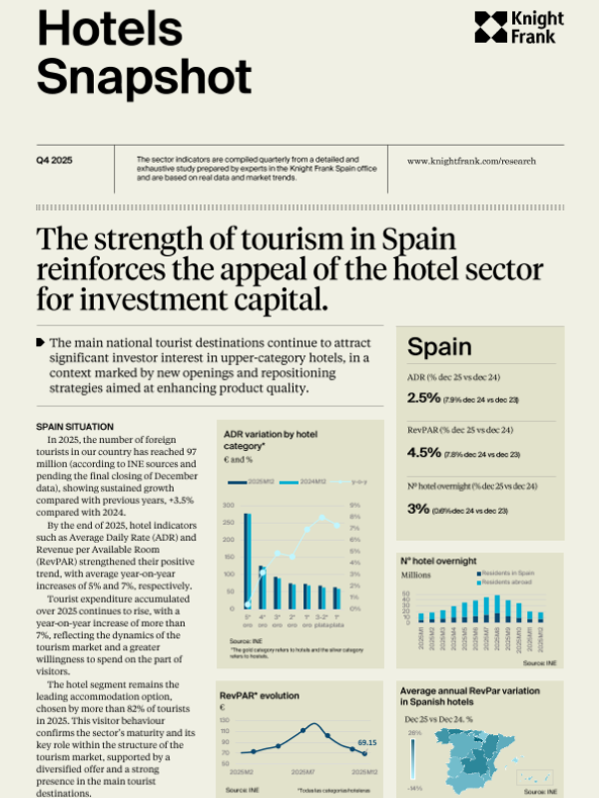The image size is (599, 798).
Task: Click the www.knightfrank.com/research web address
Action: click(x=471, y=160)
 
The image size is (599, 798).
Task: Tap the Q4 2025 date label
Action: click(x=55, y=160)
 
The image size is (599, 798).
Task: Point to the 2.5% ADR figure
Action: click(x=424, y=398)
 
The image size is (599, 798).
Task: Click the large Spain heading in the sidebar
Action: click(x=439, y=346)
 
